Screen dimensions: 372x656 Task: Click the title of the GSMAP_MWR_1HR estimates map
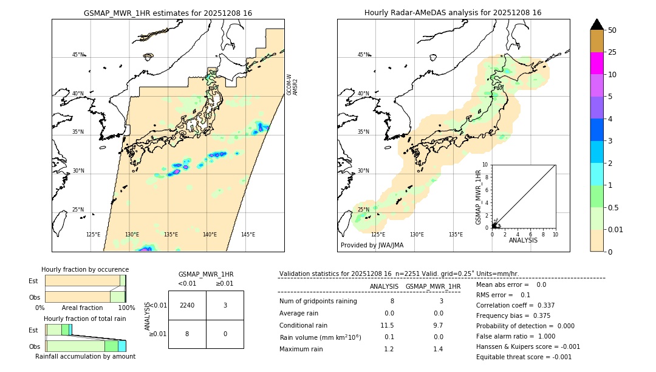click(x=168, y=13)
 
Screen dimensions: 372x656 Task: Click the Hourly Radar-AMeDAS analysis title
click(x=453, y=13)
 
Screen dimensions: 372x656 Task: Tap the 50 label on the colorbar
click(x=612, y=30)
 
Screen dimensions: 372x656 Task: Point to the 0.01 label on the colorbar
click(x=616, y=229)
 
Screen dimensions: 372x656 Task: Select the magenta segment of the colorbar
click(x=596, y=63)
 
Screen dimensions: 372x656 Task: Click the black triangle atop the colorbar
click(x=596, y=24)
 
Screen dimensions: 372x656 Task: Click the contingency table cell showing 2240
click(x=187, y=305)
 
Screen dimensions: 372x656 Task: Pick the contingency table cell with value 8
click(x=187, y=334)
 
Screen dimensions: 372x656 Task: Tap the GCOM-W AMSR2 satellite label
click(x=292, y=85)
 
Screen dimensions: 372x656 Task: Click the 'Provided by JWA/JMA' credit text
click(x=372, y=245)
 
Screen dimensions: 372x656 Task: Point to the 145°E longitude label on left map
click(x=248, y=235)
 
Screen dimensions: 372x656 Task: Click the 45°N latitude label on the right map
click(x=363, y=55)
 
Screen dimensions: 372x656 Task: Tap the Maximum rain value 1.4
click(x=437, y=349)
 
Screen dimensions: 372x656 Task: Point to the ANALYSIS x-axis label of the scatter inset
click(x=523, y=240)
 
